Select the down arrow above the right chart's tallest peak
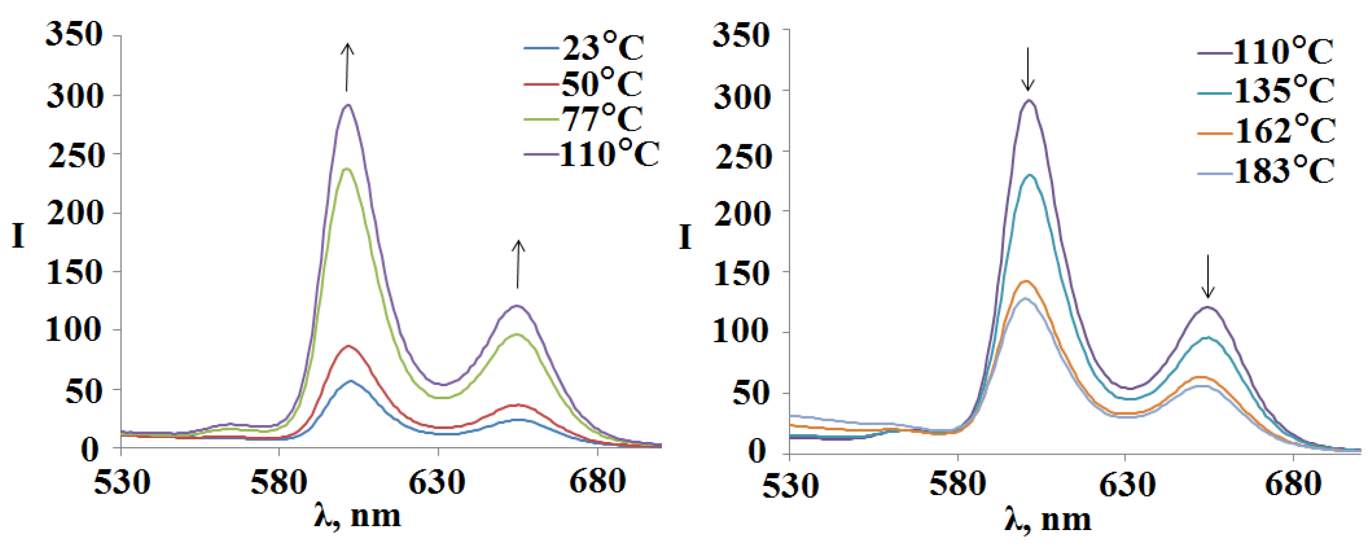tap(1028, 69)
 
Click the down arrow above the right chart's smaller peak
tap(1208, 276)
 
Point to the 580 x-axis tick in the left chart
tap(279, 482)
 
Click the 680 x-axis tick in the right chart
tap(1293, 484)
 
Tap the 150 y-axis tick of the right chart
tap(741, 274)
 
